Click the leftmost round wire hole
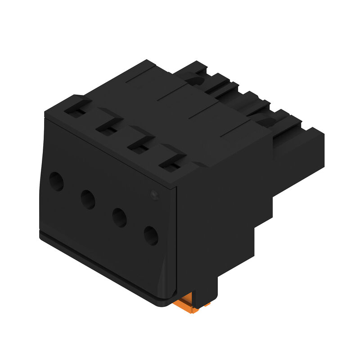[56, 182]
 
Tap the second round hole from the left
[88, 198]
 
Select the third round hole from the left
[119, 217]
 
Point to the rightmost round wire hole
[151, 235]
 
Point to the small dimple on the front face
[153, 195]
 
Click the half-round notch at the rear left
[194, 81]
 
